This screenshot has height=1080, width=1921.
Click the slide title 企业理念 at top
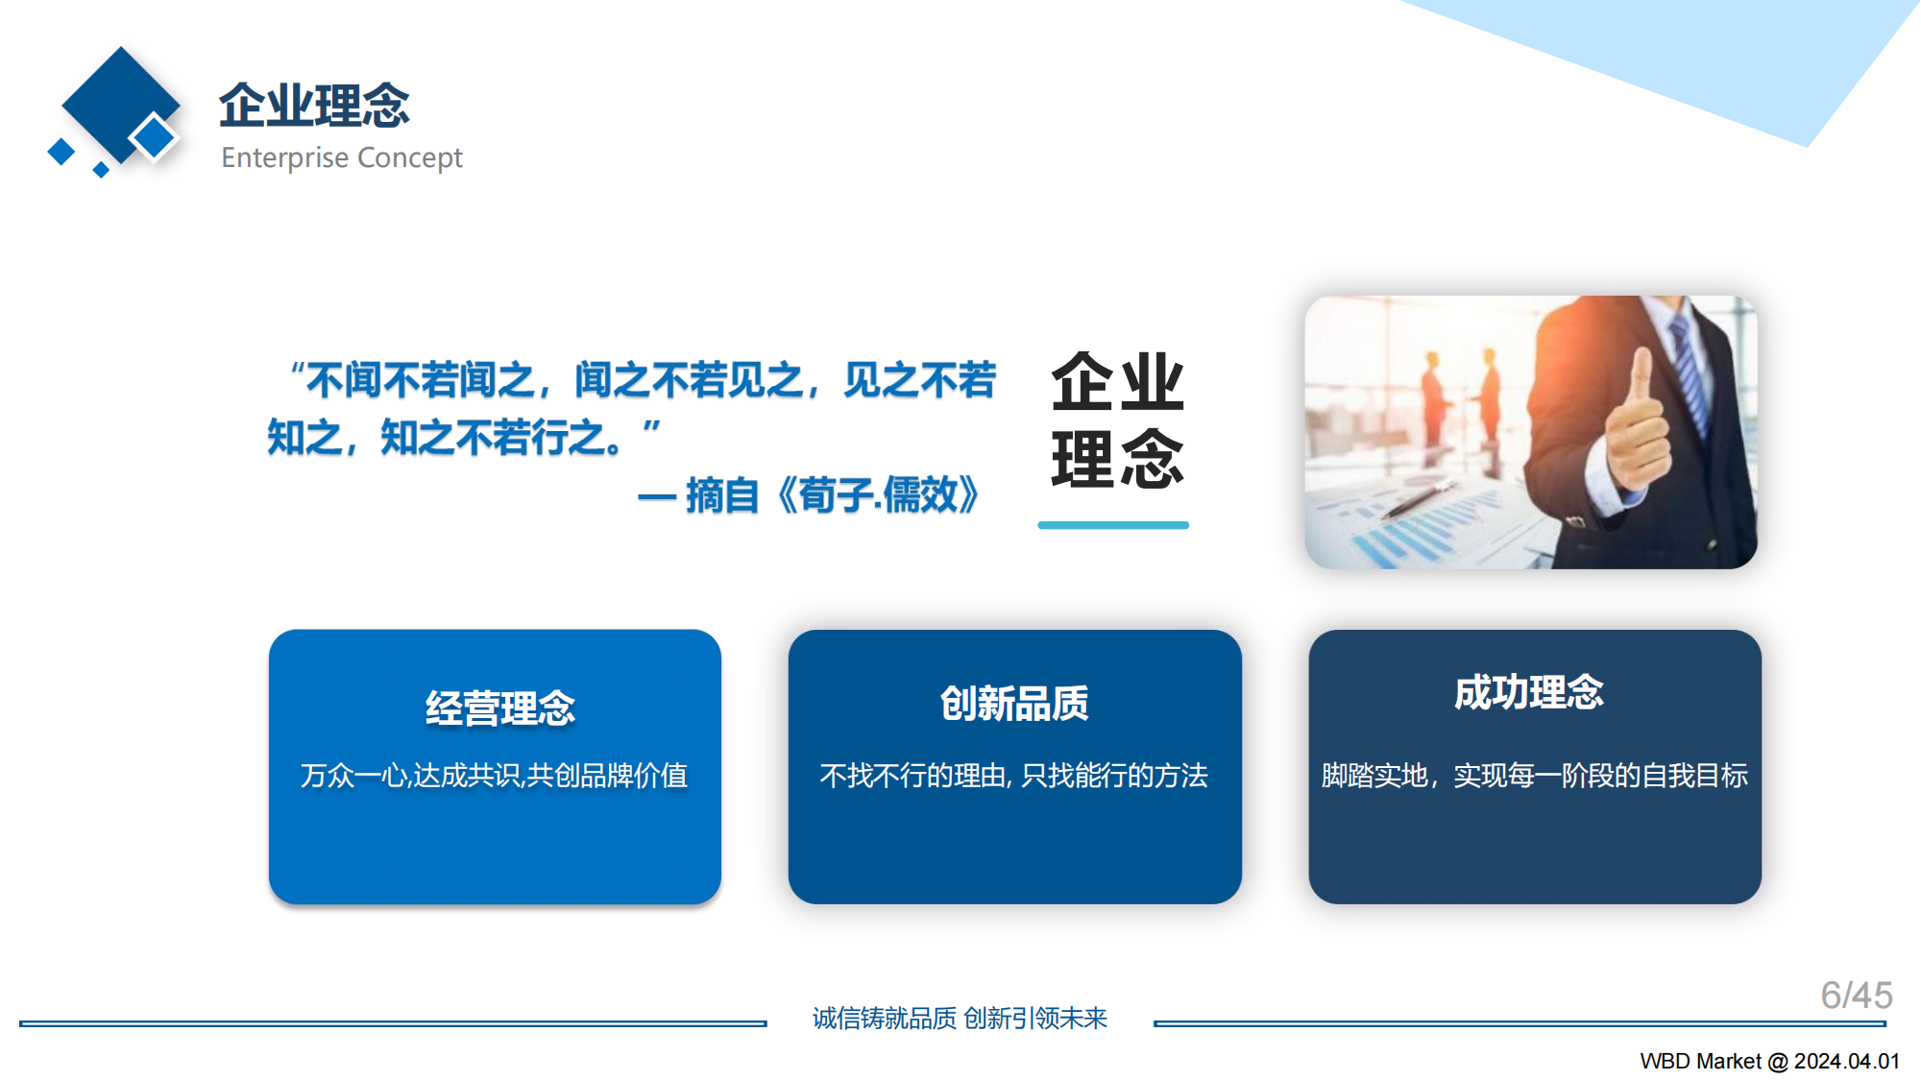tap(314, 105)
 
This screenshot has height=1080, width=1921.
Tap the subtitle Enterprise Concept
tap(341, 157)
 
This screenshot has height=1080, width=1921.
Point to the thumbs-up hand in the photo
tap(1637, 422)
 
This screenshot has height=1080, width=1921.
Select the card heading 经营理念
tap(499, 708)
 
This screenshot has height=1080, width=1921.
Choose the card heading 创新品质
tap(1014, 704)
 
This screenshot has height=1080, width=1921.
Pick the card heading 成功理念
tap(1528, 692)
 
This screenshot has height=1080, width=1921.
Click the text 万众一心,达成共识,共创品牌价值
tap(494, 775)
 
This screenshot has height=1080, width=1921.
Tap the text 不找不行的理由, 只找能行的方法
tap(1013, 775)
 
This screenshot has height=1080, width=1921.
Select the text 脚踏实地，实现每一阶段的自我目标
tap(1534, 775)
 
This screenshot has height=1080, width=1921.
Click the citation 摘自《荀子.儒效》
tap(832, 495)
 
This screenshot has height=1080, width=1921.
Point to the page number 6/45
tap(1856, 996)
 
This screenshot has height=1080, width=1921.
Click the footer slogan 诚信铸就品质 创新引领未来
tap(960, 1018)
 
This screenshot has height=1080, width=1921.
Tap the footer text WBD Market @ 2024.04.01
tap(1769, 1061)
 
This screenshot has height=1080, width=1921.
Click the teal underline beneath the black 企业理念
tap(1113, 525)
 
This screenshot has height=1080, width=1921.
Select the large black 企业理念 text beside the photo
tap(1117, 420)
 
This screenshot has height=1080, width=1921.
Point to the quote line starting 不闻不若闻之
tap(644, 380)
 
